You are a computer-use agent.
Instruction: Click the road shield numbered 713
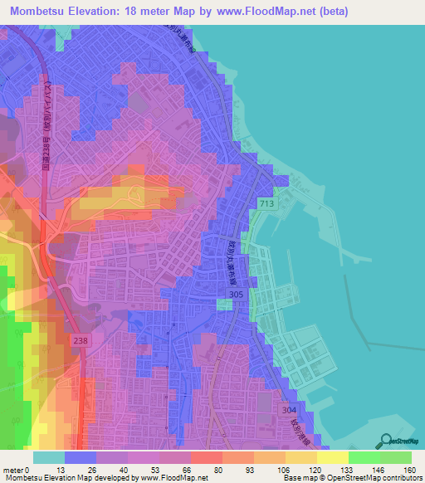266,203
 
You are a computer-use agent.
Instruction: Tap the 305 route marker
260,295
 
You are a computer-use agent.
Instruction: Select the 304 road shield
288,410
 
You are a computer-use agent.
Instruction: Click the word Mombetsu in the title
40,12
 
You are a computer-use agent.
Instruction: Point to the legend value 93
249,471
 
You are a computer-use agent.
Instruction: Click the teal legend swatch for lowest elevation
49,457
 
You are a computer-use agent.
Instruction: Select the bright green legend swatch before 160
396,457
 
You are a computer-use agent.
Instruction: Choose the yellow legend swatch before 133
333,457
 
